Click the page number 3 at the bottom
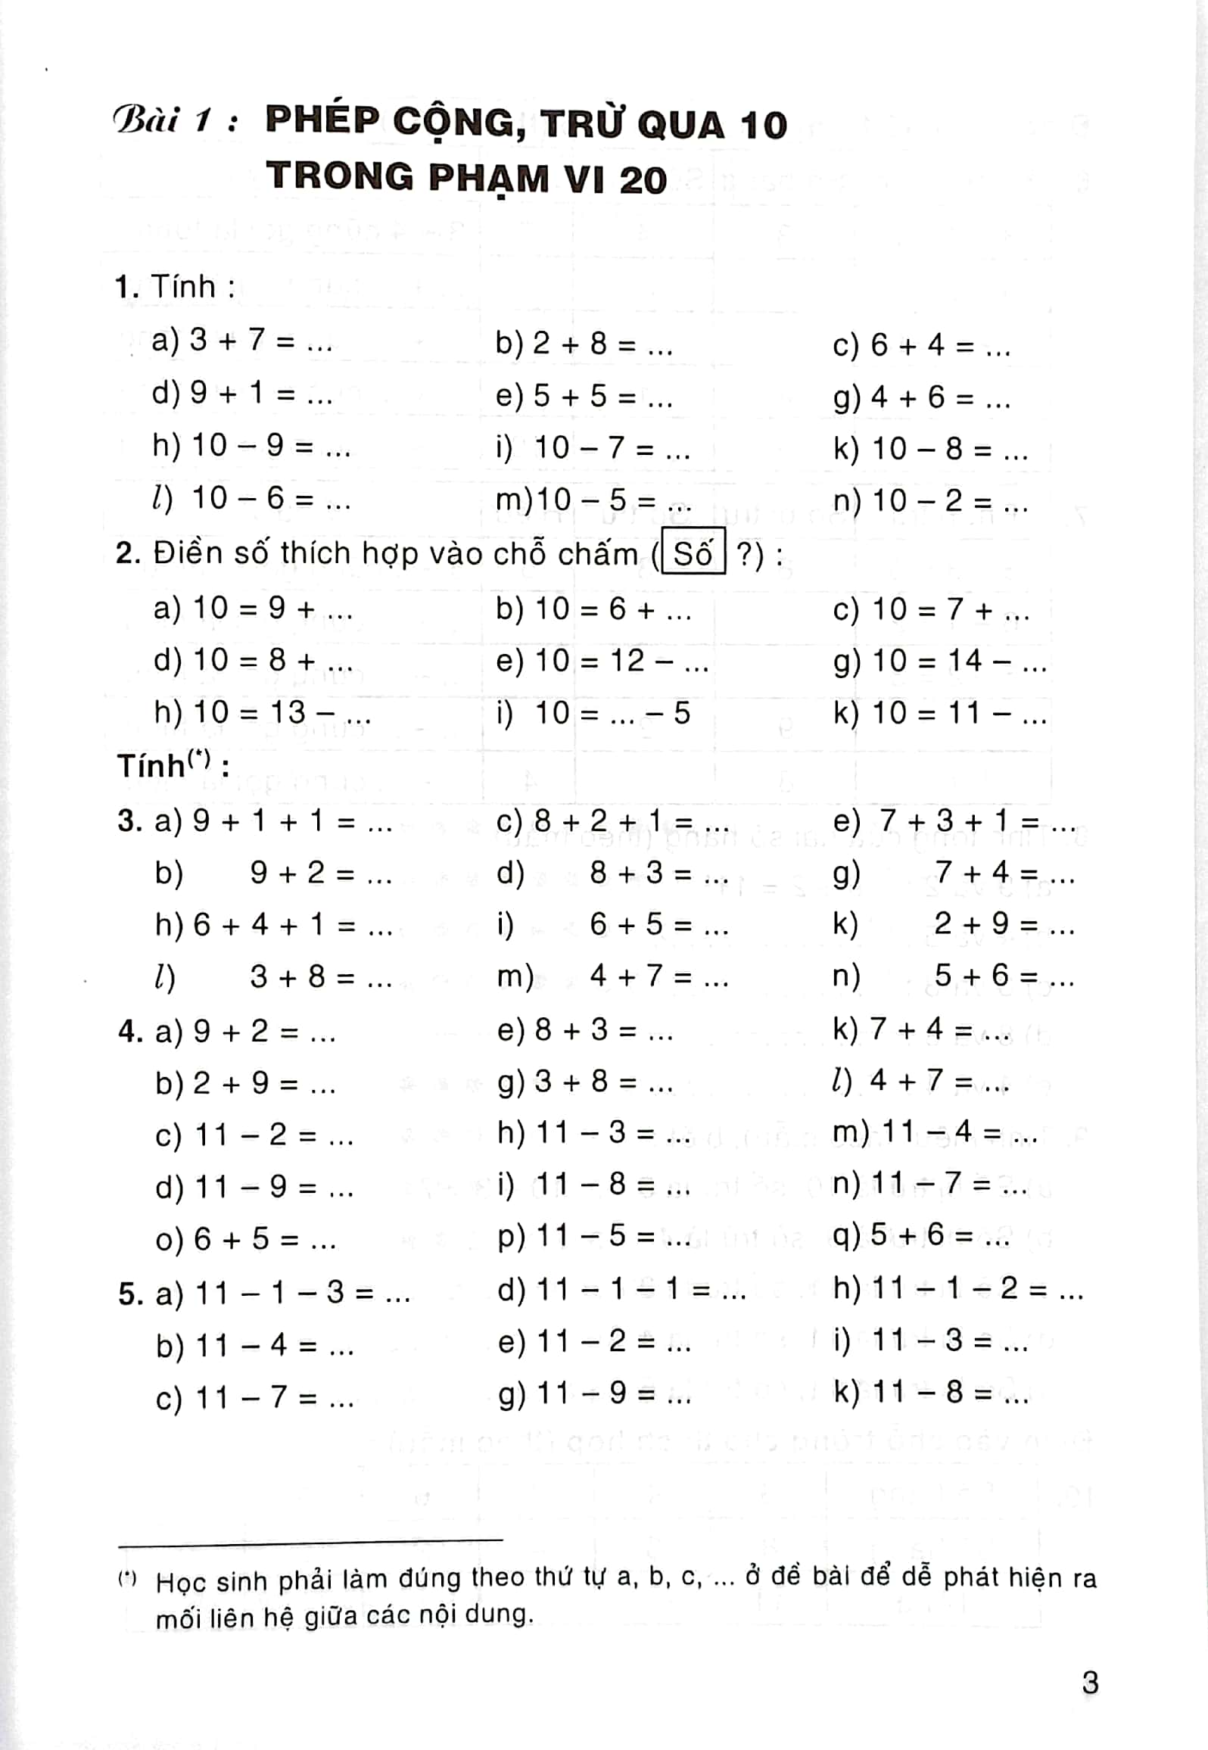tap(1089, 1682)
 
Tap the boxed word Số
tap(693, 554)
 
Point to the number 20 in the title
tap(643, 180)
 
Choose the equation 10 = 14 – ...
tap(941, 661)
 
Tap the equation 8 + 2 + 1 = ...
tap(613, 821)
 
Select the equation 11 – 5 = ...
tap(595, 1235)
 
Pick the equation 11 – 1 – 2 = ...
tap(959, 1288)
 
